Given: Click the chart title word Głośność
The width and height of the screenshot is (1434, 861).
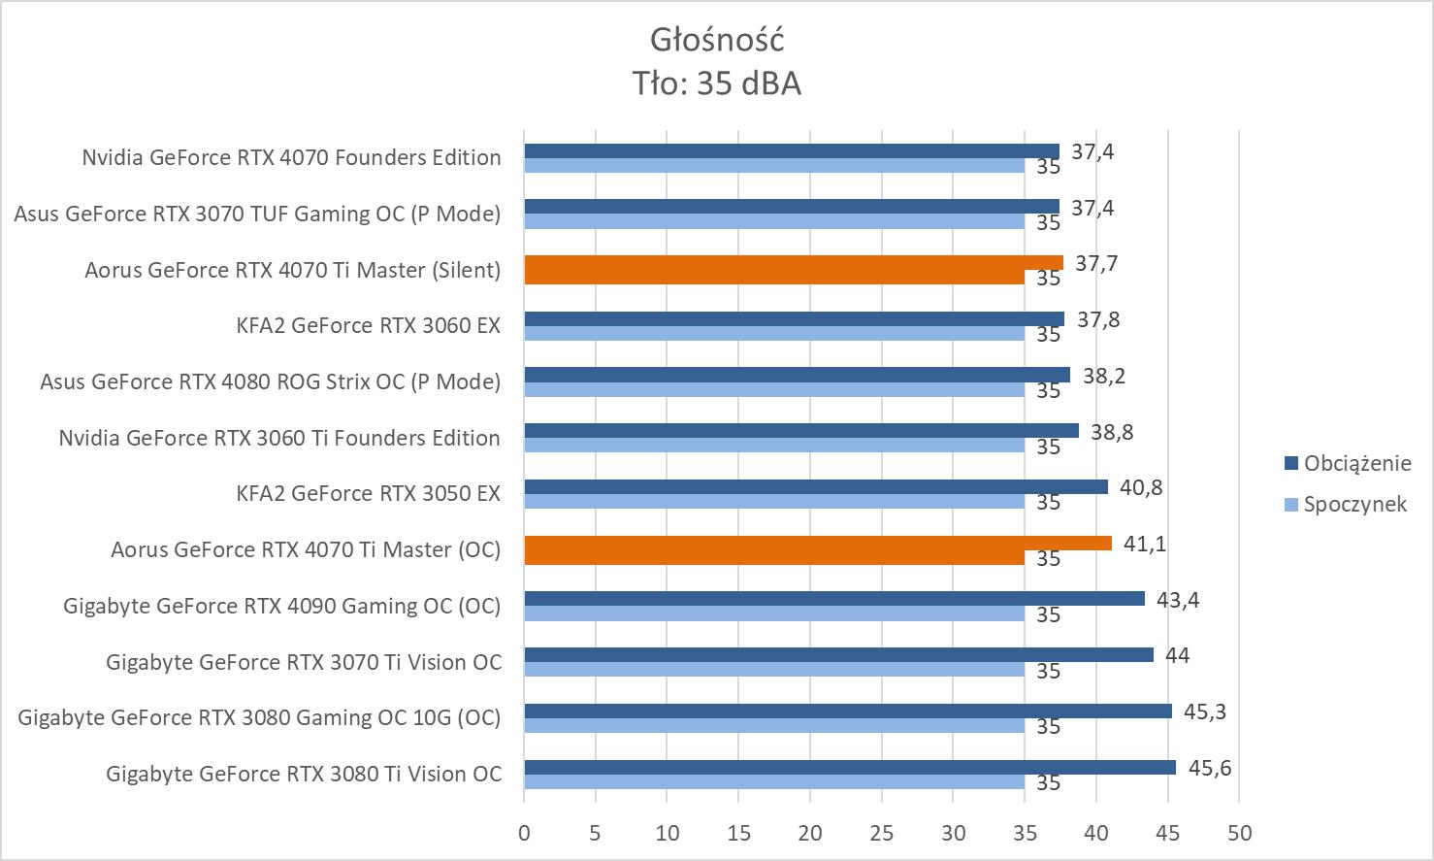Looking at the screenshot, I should [x=716, y=40].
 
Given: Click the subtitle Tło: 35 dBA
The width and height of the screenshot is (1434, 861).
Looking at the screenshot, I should [x=716, y=84].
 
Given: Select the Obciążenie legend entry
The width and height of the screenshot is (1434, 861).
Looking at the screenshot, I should [x=1356, y=463].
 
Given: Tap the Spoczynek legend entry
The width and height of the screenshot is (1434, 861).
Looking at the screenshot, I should [x=1354, y=504].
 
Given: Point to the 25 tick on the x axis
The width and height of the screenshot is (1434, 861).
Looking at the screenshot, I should [x=881, y=833].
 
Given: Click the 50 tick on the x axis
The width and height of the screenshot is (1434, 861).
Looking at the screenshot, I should [x=1239, y=833].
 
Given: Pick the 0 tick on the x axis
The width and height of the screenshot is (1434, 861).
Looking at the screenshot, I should [x=524, y=833].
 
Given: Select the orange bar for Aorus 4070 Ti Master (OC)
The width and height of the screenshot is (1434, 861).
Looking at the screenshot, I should [x=817, y=544].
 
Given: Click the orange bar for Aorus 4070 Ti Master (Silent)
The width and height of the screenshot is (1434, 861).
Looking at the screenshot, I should [x=793, y=263].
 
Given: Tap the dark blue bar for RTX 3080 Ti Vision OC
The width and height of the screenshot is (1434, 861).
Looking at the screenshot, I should [x=849, y=768].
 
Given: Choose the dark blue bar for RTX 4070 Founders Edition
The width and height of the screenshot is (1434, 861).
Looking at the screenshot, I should [x=791, y=150].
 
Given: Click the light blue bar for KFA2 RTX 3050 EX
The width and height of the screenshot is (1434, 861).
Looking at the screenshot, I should [x=773, y=502].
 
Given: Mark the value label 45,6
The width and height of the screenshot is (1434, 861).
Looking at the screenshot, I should [x=1210, y=769].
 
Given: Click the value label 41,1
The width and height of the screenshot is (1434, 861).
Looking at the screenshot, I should [x=1145, y=544].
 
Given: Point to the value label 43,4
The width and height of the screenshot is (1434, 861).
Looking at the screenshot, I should [x=1178, y=600].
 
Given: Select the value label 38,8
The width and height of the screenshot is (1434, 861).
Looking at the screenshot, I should [x=1112, y=432].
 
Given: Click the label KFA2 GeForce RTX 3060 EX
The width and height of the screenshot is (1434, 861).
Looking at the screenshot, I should [x=368, y=325].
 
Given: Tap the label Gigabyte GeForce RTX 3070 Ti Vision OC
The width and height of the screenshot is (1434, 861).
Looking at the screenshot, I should [x=304, y=662].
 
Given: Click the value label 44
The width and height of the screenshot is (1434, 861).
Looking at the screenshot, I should [x=1177, y=655].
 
